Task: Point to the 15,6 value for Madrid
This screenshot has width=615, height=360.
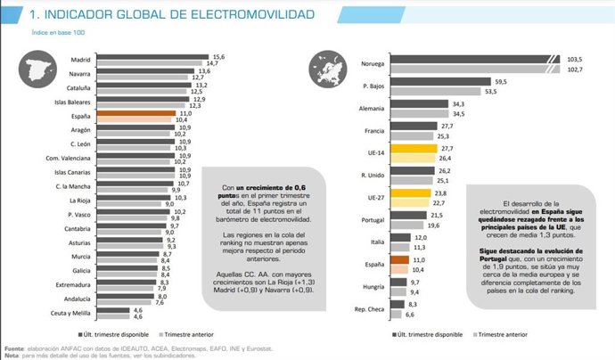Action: pos(217,56)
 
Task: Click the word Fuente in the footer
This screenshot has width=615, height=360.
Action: pos(12,348)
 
